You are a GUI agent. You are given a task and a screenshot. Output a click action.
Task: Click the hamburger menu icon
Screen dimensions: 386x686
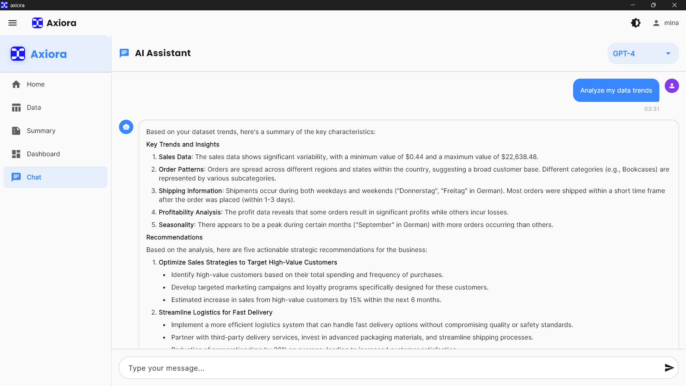pos(13,23)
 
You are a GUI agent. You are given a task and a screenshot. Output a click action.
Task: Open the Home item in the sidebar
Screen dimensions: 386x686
pos(35,84)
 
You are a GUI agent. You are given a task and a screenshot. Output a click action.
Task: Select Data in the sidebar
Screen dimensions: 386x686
pos(34,108)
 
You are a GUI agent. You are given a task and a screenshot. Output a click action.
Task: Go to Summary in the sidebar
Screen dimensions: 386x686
pos(41,131)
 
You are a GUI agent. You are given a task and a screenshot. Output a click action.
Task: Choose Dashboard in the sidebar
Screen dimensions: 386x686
pos(43,154)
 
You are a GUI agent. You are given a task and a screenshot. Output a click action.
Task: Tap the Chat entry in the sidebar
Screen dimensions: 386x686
pos(34,177)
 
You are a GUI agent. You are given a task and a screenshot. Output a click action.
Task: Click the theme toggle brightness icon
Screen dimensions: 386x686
pos(636,23)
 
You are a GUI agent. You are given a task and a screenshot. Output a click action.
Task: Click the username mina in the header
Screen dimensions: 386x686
pos(671,23)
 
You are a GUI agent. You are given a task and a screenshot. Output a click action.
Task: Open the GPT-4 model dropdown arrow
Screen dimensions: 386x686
pos(668,54)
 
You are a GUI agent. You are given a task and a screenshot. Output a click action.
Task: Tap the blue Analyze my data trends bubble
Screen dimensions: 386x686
pos(616,90)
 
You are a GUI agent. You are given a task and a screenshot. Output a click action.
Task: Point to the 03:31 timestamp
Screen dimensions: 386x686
pos(652,109)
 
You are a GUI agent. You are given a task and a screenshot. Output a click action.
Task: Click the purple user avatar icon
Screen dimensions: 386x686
pos(672,86)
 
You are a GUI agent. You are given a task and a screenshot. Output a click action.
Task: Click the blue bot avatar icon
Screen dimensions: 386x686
pos(126,127)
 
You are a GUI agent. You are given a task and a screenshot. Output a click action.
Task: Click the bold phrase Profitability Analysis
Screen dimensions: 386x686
pos(190,212)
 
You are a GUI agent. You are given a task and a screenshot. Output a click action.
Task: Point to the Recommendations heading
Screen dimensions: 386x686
pos(174,237)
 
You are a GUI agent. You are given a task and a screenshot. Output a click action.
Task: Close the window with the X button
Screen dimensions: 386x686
pos(675,5)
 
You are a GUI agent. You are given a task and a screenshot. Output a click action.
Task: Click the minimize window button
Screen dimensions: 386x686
pos(633,5)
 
